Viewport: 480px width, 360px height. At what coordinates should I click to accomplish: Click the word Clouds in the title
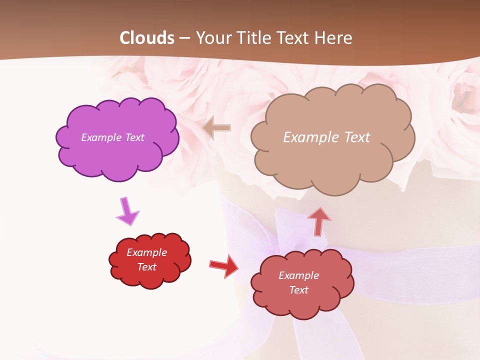(147, 38)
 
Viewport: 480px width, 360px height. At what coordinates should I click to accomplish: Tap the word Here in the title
(333, 38)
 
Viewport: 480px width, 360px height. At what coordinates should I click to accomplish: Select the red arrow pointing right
(223, 265)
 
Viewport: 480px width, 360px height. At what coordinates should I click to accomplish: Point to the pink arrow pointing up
(318, 220)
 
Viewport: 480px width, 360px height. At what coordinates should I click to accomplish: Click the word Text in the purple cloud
(135, 137)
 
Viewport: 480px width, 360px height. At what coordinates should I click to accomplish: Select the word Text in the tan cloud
(357, 137)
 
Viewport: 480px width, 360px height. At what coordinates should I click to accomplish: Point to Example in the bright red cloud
(146, 252)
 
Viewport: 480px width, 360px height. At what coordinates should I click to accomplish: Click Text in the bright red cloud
(146, 267)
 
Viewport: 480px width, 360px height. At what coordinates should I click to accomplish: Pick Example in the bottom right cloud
(298, 275)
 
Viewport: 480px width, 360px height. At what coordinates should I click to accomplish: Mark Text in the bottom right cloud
(298, 290)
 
